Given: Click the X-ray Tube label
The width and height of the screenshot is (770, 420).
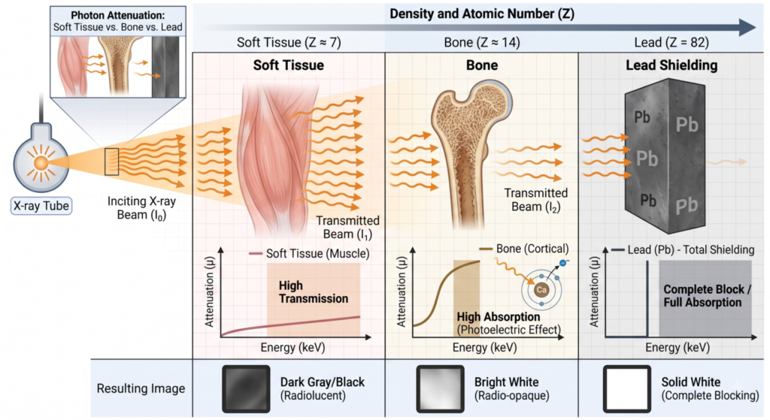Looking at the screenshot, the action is coord(41,206).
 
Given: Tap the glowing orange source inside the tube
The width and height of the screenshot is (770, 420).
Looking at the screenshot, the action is coord(41,163).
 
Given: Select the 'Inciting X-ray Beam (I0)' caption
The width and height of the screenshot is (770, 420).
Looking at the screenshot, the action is coord(141,208).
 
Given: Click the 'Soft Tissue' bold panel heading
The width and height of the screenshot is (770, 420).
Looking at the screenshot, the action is coord(288,65).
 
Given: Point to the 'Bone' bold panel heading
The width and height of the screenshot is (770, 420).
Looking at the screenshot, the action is coord(482,65).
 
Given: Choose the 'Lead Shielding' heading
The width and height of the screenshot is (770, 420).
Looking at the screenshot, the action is coord(671,65).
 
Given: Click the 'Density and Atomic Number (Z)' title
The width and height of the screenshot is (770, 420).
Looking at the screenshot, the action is coord(482,14).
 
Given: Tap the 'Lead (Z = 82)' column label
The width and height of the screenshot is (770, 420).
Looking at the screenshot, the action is coord(671,43).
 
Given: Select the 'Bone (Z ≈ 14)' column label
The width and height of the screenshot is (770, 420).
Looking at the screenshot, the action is coord(482,43).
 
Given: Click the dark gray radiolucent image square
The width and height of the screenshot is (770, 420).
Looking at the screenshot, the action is coord(246,388).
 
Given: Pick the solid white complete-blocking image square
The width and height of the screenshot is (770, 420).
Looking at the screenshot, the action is coord(627,388).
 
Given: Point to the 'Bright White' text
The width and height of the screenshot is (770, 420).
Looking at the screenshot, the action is coord(506,382).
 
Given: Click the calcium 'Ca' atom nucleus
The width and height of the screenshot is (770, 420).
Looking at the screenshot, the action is coord(541,289).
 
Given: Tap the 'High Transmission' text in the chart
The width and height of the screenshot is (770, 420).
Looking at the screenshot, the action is coord(314,292).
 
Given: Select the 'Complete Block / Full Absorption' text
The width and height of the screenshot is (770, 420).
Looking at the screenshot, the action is coord(707,296).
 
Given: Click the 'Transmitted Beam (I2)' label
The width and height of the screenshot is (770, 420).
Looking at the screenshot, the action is coord(535,200).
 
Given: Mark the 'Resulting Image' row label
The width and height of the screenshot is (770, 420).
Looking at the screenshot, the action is coord(141,388).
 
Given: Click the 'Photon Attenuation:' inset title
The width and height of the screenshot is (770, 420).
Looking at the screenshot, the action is coord(118,15).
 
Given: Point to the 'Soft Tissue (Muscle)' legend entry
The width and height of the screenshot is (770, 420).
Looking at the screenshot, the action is coord(318,254).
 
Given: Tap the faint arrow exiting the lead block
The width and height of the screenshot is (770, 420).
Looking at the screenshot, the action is coord(728,162).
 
